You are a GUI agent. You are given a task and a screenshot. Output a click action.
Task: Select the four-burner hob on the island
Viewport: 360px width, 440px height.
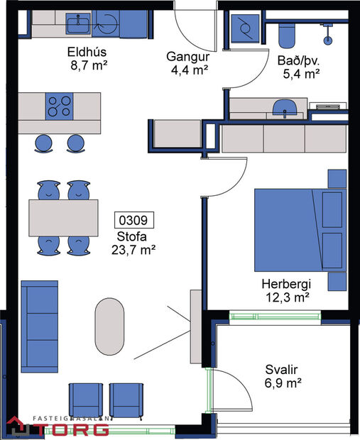(60, 106)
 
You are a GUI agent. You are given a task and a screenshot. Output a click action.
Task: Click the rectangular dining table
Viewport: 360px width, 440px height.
(63, 216)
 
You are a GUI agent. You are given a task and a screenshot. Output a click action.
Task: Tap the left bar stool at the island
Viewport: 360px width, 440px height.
(44, 143)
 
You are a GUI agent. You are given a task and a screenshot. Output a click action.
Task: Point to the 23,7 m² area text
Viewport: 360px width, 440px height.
(133, 249)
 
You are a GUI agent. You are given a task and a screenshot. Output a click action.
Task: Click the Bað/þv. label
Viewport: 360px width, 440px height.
(299, 60)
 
